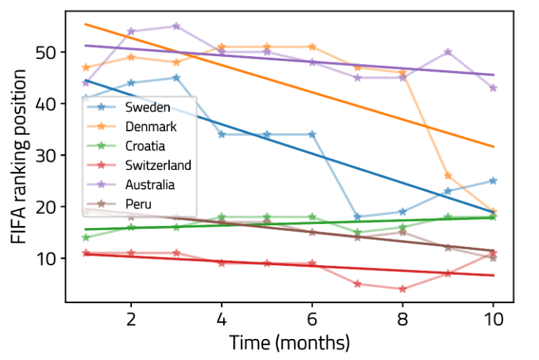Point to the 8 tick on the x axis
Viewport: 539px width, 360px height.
402,319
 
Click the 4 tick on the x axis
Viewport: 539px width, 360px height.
221,319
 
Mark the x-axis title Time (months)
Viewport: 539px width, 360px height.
288,343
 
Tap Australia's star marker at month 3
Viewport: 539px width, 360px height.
176,27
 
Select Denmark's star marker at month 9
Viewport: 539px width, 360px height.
448,175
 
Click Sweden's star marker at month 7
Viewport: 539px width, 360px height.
357,217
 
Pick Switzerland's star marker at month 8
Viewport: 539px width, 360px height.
402,288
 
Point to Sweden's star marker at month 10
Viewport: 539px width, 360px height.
493,181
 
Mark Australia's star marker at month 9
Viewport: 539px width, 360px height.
448,52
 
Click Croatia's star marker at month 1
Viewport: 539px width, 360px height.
86,237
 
